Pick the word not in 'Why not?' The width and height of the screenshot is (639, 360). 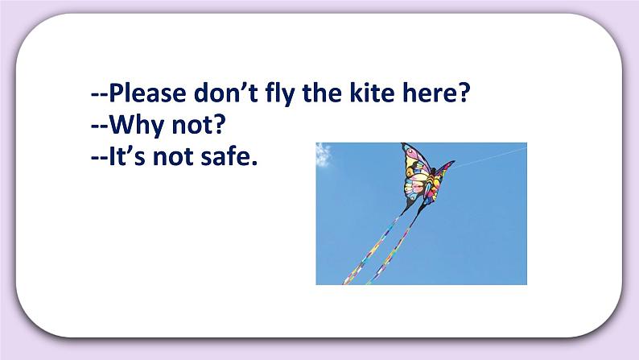click(184, 126)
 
